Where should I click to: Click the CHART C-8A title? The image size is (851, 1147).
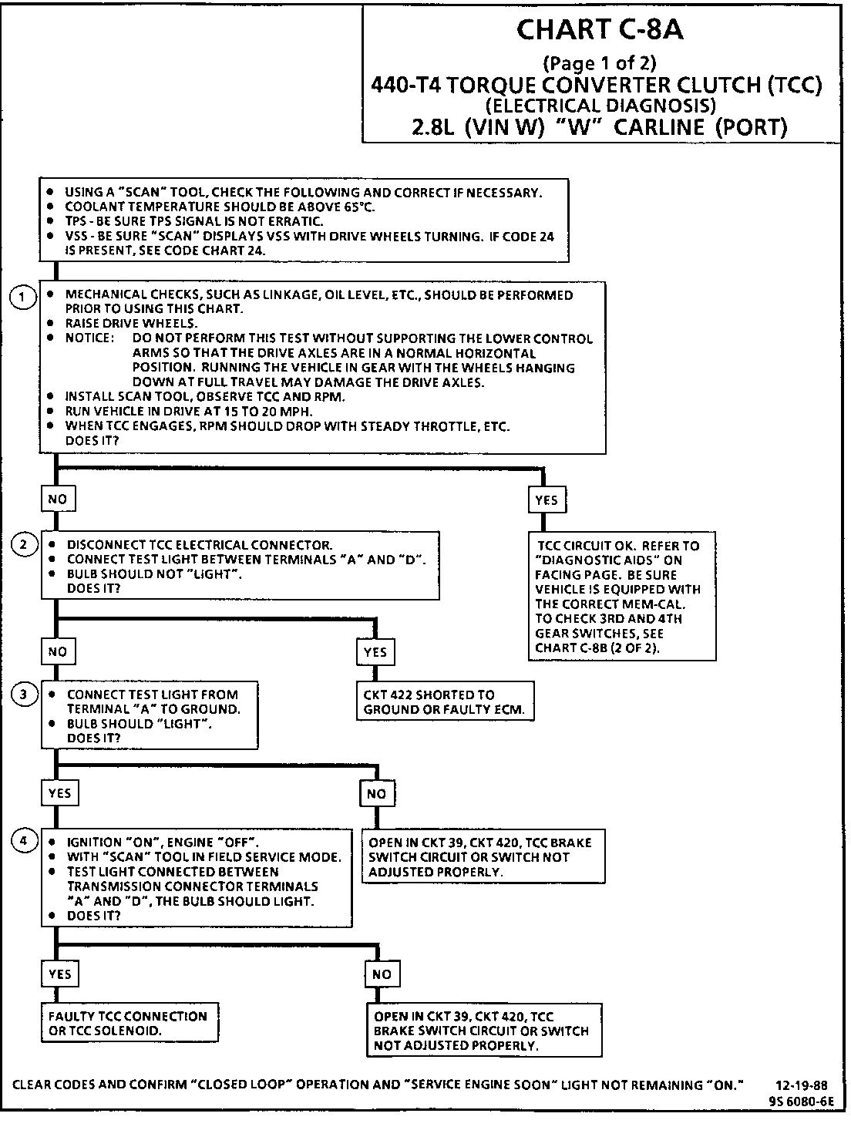(600, 29)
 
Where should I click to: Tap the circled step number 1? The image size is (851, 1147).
(24, 298)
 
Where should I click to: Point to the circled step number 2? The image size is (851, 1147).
(24, 545)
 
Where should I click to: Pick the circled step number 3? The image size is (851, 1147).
(24, 695)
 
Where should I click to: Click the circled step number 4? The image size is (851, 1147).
(24, 841)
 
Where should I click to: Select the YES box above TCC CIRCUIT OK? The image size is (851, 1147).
(546, 499)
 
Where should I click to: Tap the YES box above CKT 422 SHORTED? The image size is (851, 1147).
(375, 652)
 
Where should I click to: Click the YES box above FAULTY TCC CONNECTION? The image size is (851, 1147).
(59, 974)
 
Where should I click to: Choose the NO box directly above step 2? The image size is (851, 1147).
(58, 499)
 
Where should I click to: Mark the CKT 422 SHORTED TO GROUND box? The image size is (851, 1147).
(444, 701)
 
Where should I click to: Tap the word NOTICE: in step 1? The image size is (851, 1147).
(90, 338)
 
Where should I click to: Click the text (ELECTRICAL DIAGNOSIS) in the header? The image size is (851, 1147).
(600, 105)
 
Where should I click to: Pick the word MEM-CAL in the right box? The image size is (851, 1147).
(653, 604)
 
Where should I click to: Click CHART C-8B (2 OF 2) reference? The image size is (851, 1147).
(597, 648)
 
